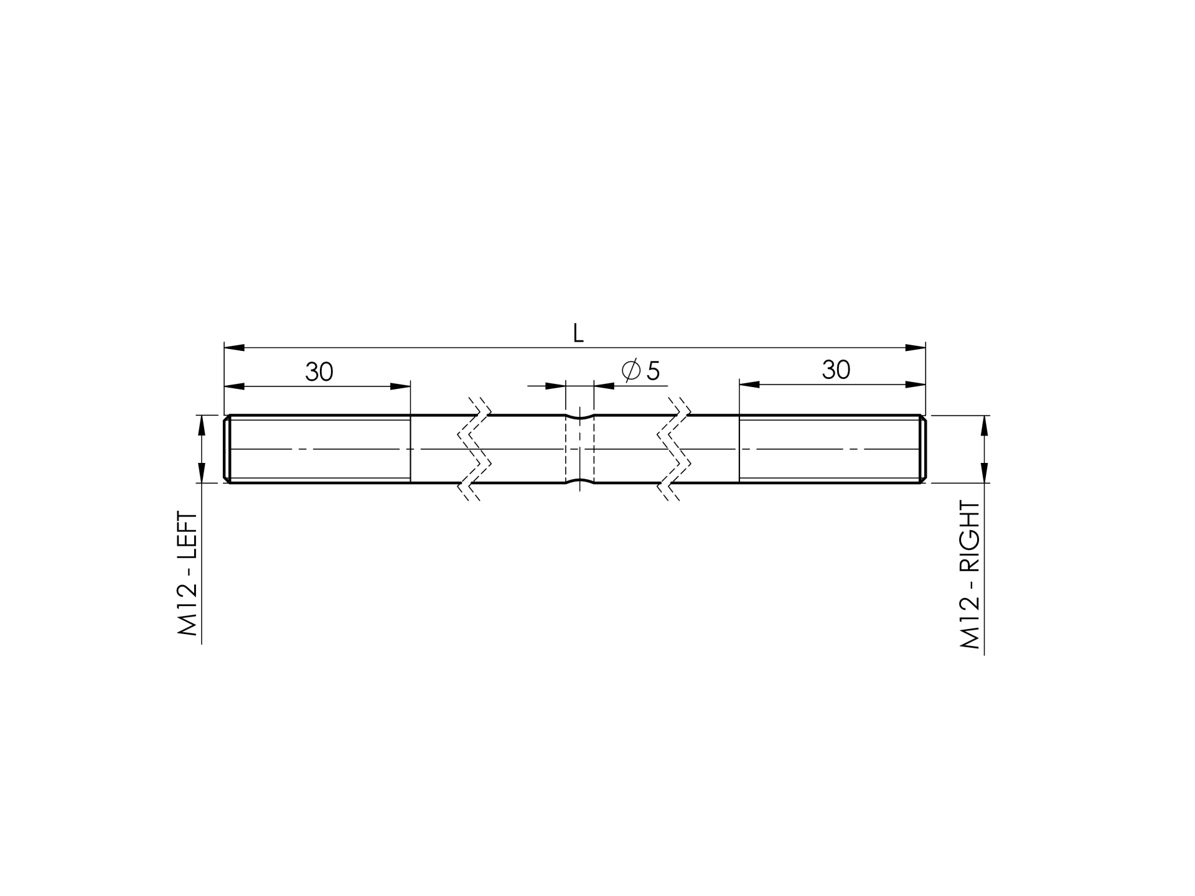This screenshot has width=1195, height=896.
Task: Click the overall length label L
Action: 578,334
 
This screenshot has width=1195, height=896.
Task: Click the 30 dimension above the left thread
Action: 319,372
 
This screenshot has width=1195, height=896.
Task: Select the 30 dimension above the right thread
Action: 836,370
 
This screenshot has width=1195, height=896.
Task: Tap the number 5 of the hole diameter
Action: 653,371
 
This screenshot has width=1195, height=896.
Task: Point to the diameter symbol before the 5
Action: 631,371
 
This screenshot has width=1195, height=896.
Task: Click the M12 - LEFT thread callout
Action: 188,574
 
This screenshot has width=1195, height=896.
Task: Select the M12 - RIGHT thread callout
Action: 970,575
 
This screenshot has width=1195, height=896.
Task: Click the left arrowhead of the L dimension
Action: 234,347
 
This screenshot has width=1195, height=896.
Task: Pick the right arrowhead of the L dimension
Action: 916,347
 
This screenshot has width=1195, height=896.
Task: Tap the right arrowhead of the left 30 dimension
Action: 400,386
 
